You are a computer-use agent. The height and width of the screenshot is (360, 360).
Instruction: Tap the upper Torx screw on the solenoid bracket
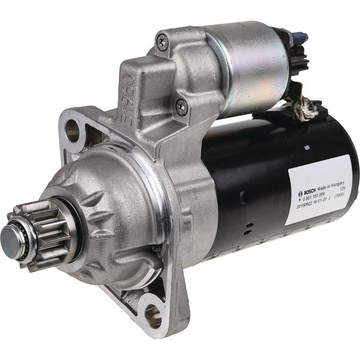162,42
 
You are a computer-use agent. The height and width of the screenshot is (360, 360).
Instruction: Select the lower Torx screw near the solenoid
181,106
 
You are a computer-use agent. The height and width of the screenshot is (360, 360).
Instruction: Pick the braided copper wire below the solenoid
308,104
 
